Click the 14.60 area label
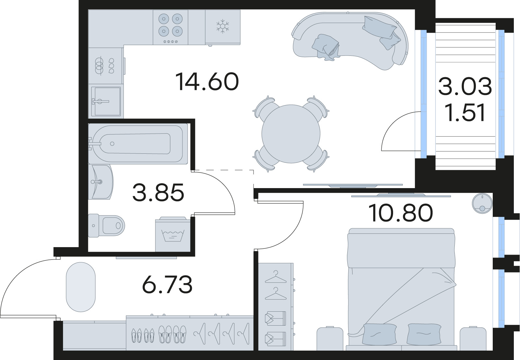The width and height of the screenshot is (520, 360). tap(207, 82)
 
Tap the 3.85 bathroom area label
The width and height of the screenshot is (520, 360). tap(158, 192)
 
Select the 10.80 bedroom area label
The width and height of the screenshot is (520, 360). tap(401, 213)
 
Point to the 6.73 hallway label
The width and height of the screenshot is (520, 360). tap(167, 284)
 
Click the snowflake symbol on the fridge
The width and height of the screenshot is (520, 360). tap(223, 26)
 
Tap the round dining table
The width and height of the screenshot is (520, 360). tap(291, 134)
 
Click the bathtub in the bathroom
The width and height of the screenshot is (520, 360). tap(138, 144)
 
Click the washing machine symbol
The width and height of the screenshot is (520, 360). tap(172, 235)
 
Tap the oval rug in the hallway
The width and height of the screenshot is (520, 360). tap(80, 287)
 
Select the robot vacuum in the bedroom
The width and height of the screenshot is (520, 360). tap(482, 203)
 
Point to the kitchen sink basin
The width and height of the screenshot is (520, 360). tap(106, 101)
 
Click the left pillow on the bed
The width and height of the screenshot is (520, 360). tap(379, 334)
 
